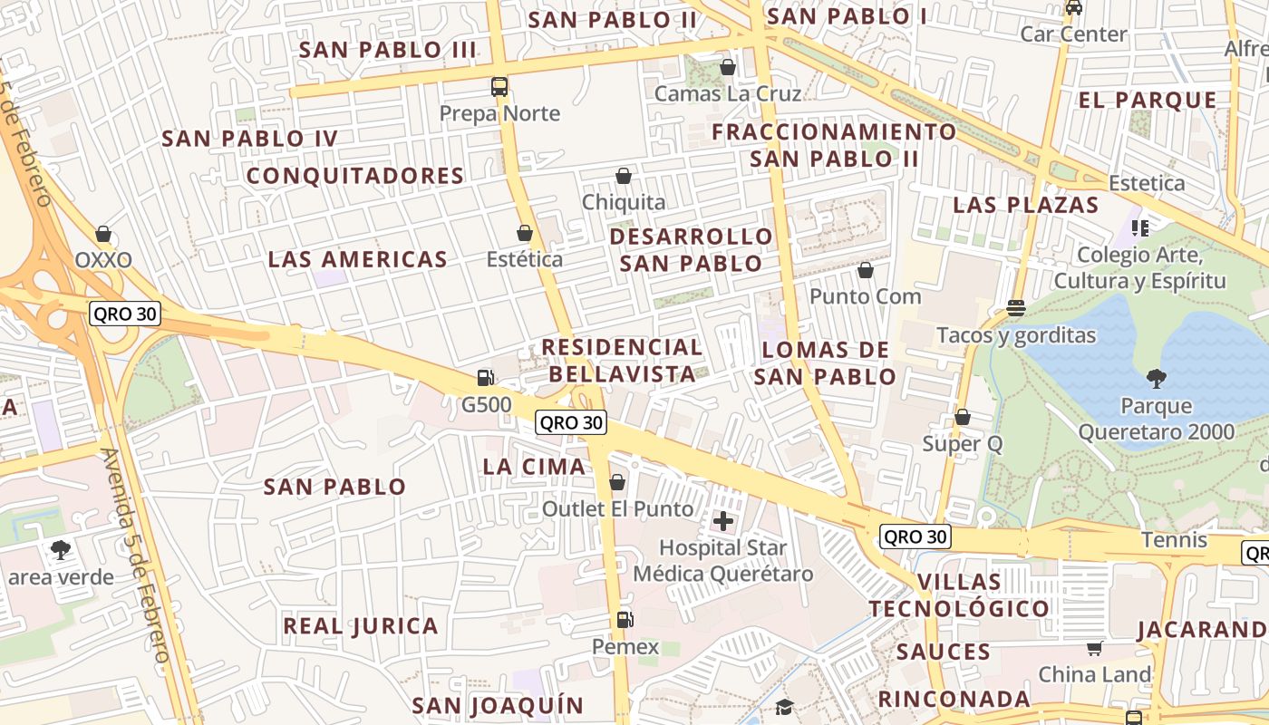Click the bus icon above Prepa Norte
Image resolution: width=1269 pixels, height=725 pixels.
pos(499,87)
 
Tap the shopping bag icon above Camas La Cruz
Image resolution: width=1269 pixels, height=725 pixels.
pos(727,67)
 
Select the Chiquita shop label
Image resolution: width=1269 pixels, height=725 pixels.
pos(624,202)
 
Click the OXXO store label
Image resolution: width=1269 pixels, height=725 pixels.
pos(103,260)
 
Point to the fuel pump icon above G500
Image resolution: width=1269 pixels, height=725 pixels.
pos(486,378)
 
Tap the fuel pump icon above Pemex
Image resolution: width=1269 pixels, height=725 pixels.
pos(624,620)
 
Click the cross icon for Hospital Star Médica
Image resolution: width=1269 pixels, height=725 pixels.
pos(723,521)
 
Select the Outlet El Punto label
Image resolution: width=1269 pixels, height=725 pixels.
pos(618,508)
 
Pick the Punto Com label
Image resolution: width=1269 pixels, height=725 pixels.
pos(865,296)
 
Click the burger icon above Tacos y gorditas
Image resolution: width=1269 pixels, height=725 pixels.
pos(1016,308)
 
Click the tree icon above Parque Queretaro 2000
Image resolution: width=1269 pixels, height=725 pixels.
pos(1156,378)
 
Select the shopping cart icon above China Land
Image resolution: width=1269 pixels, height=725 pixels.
pos(1095,648)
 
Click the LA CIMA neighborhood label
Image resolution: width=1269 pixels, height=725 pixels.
pos(534,467)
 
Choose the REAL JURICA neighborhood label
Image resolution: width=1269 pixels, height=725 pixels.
pos(361,625)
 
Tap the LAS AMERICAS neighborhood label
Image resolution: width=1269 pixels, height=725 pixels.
pos(357,259)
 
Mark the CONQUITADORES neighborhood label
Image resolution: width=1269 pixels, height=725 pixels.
pos(355,176)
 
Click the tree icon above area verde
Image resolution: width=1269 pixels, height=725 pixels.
pos(61,549)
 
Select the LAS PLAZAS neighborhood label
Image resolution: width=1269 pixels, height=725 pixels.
pos(1025,205)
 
